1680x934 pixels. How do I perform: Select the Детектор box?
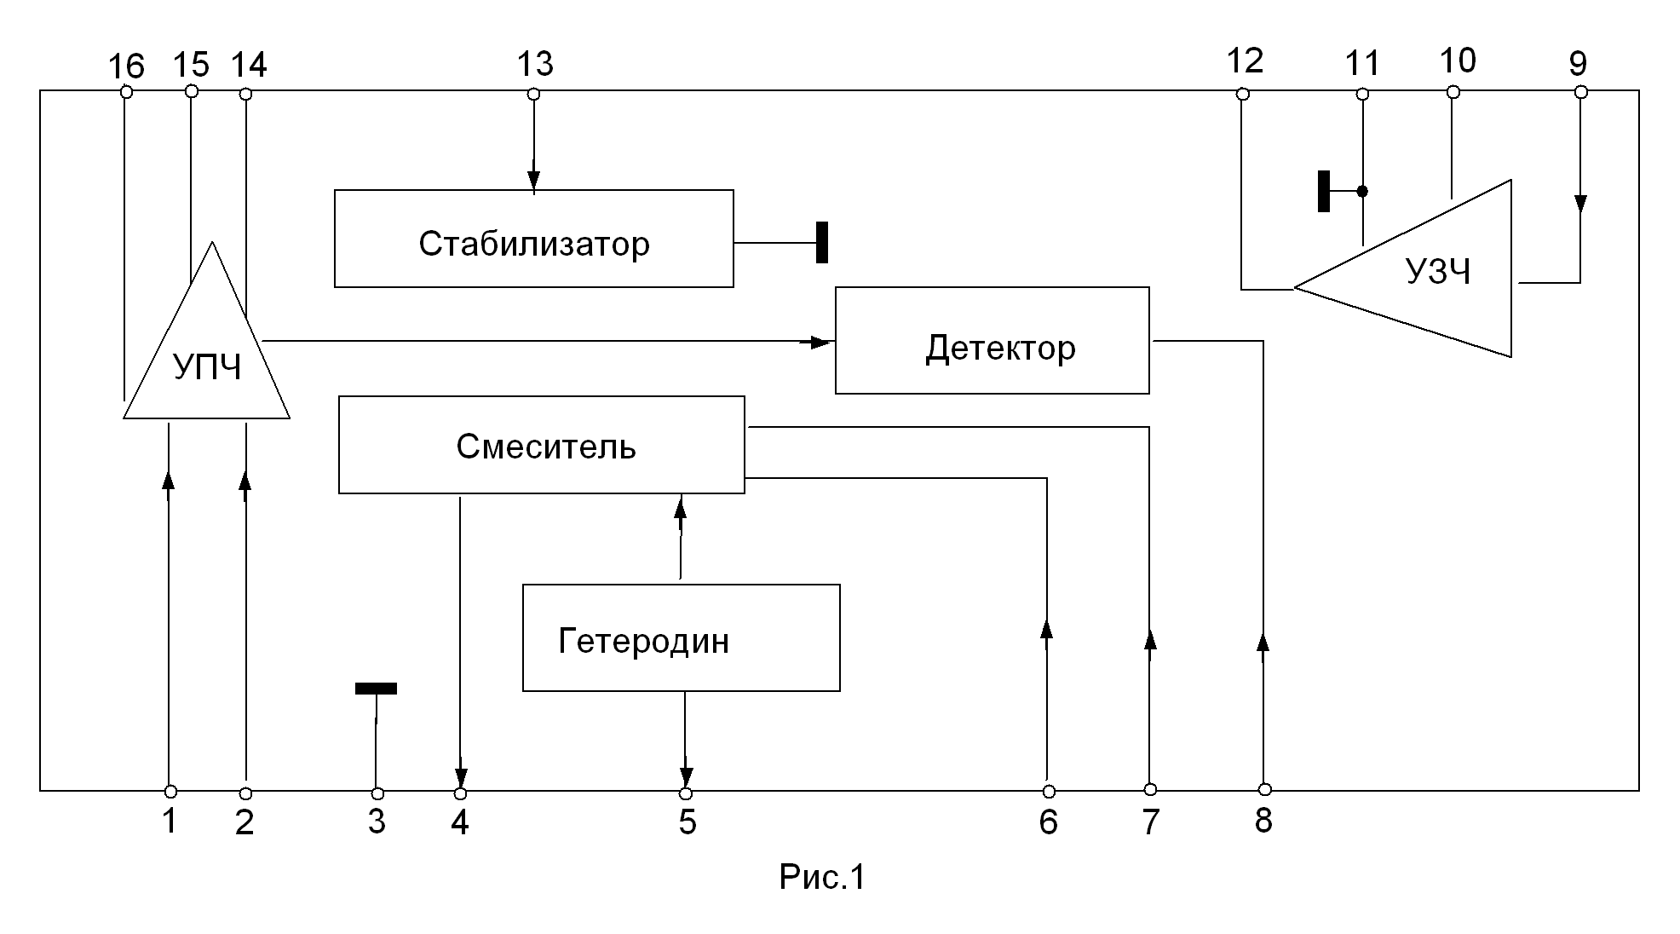992,341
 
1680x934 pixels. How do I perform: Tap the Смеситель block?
542,445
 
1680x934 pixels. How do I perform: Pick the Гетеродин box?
681,637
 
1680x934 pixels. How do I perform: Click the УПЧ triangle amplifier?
207,358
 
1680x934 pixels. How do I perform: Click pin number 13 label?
535,64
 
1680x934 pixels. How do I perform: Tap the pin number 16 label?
127,66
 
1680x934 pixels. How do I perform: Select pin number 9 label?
1578,64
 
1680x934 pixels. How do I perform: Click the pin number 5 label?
687,822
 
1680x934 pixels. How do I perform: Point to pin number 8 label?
1263,821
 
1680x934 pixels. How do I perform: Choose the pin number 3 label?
377,822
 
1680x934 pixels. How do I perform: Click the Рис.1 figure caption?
822,877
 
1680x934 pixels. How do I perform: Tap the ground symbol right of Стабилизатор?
822,242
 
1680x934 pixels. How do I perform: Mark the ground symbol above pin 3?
376,689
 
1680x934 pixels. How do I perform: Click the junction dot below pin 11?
1362,191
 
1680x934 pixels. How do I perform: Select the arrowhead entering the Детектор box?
820,343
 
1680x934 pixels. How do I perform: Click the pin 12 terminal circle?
1242,95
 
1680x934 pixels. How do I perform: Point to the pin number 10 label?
1457,61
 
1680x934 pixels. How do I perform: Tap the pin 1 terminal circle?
170,791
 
